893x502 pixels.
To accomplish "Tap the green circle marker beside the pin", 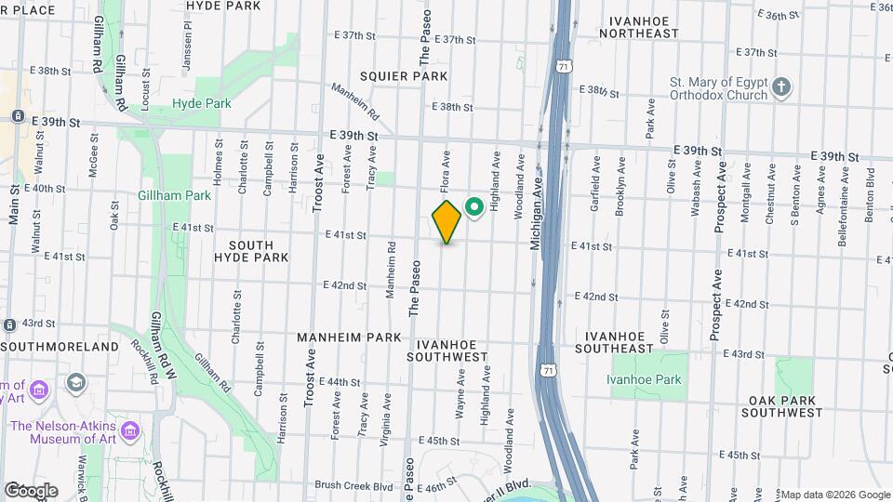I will [473, 207].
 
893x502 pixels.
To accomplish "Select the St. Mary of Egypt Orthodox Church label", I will [719, 88].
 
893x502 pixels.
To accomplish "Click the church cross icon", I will [782, 88].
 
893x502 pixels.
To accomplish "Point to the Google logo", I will [31, 491].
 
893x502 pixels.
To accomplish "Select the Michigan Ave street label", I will [536, 215].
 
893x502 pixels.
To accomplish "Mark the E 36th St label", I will [780, 15].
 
